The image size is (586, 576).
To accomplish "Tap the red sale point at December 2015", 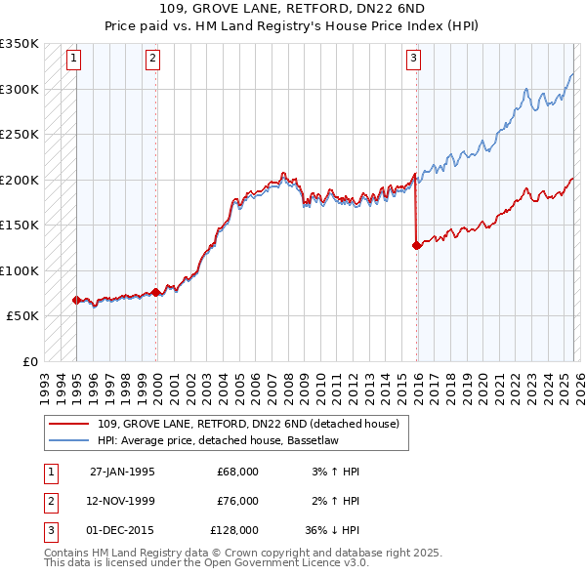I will pos(417,245).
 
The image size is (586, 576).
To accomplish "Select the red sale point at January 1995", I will pos(76,300).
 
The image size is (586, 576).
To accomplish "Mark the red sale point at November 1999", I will pos(156,292).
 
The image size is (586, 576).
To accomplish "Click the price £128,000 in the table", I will pos(234,530).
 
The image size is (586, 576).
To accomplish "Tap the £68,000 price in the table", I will pos(237,472).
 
